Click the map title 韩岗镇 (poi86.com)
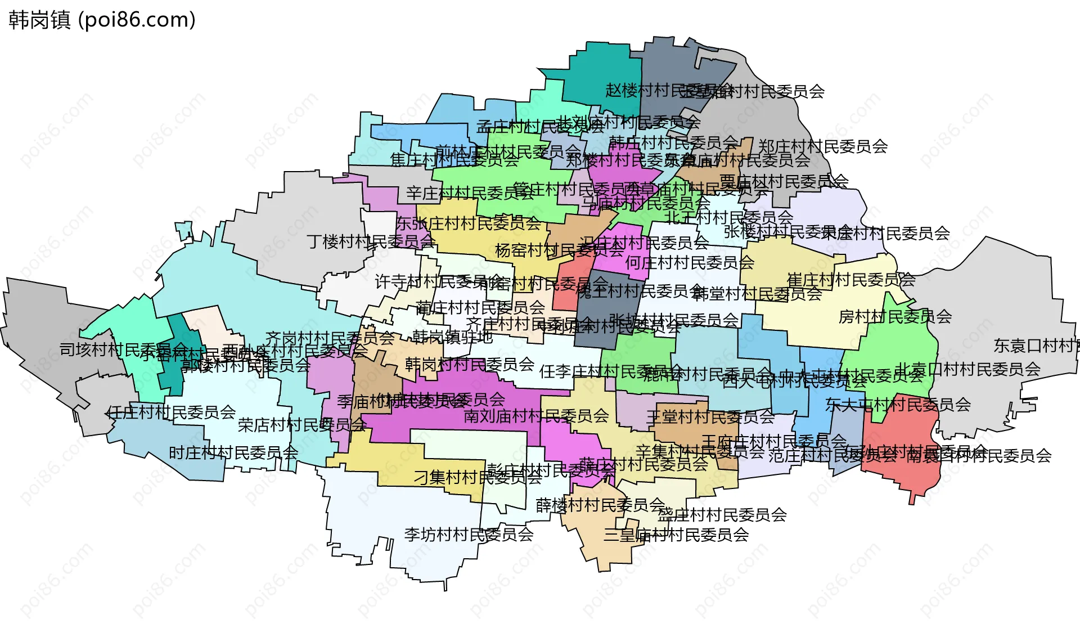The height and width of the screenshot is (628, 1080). [102, 20]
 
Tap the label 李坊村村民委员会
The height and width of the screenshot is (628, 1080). [469, 534]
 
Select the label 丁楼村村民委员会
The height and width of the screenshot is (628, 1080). [371, 241]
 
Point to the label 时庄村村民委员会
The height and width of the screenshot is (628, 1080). [233, 452]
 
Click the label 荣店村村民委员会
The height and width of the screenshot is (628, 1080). [302, 425]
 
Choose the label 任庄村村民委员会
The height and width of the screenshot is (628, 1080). [171, 412]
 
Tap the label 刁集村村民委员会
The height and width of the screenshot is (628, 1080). [478, 477]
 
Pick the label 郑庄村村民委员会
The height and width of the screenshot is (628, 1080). [823, 146]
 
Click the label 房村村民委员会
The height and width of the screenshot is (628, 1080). [895, 316]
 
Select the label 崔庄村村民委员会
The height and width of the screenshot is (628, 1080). [851, 280]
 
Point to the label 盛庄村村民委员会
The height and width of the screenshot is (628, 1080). [722, 514]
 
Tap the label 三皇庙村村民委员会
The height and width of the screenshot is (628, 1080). [676, 534]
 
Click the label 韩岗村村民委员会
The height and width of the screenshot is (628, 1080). [470, 364]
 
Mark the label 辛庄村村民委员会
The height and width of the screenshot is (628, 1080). [470, 193]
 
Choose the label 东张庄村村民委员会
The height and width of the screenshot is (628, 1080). [469, 223]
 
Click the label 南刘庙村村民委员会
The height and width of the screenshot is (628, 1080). [536, 416]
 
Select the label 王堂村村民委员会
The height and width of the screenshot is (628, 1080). [710, 417]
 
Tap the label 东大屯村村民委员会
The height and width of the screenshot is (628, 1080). [898, 404]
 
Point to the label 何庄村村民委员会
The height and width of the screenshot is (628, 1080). [690, 262]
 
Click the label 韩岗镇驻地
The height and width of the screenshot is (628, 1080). [452, 337]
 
